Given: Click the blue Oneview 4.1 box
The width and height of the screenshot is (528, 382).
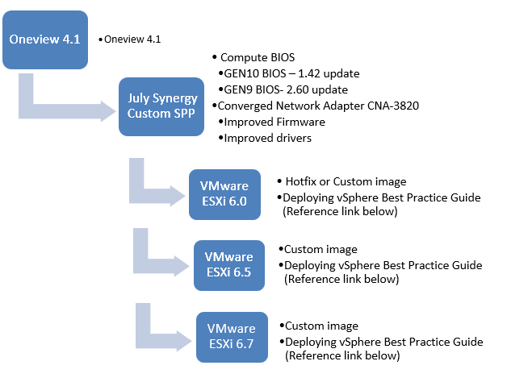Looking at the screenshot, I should [x=44, y=39].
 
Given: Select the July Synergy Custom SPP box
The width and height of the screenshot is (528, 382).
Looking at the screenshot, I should [x=162, y=106].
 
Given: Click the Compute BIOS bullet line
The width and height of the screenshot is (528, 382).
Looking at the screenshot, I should [x=258, y=58].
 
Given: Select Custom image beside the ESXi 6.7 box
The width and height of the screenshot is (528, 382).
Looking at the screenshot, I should [x=321, y=326].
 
